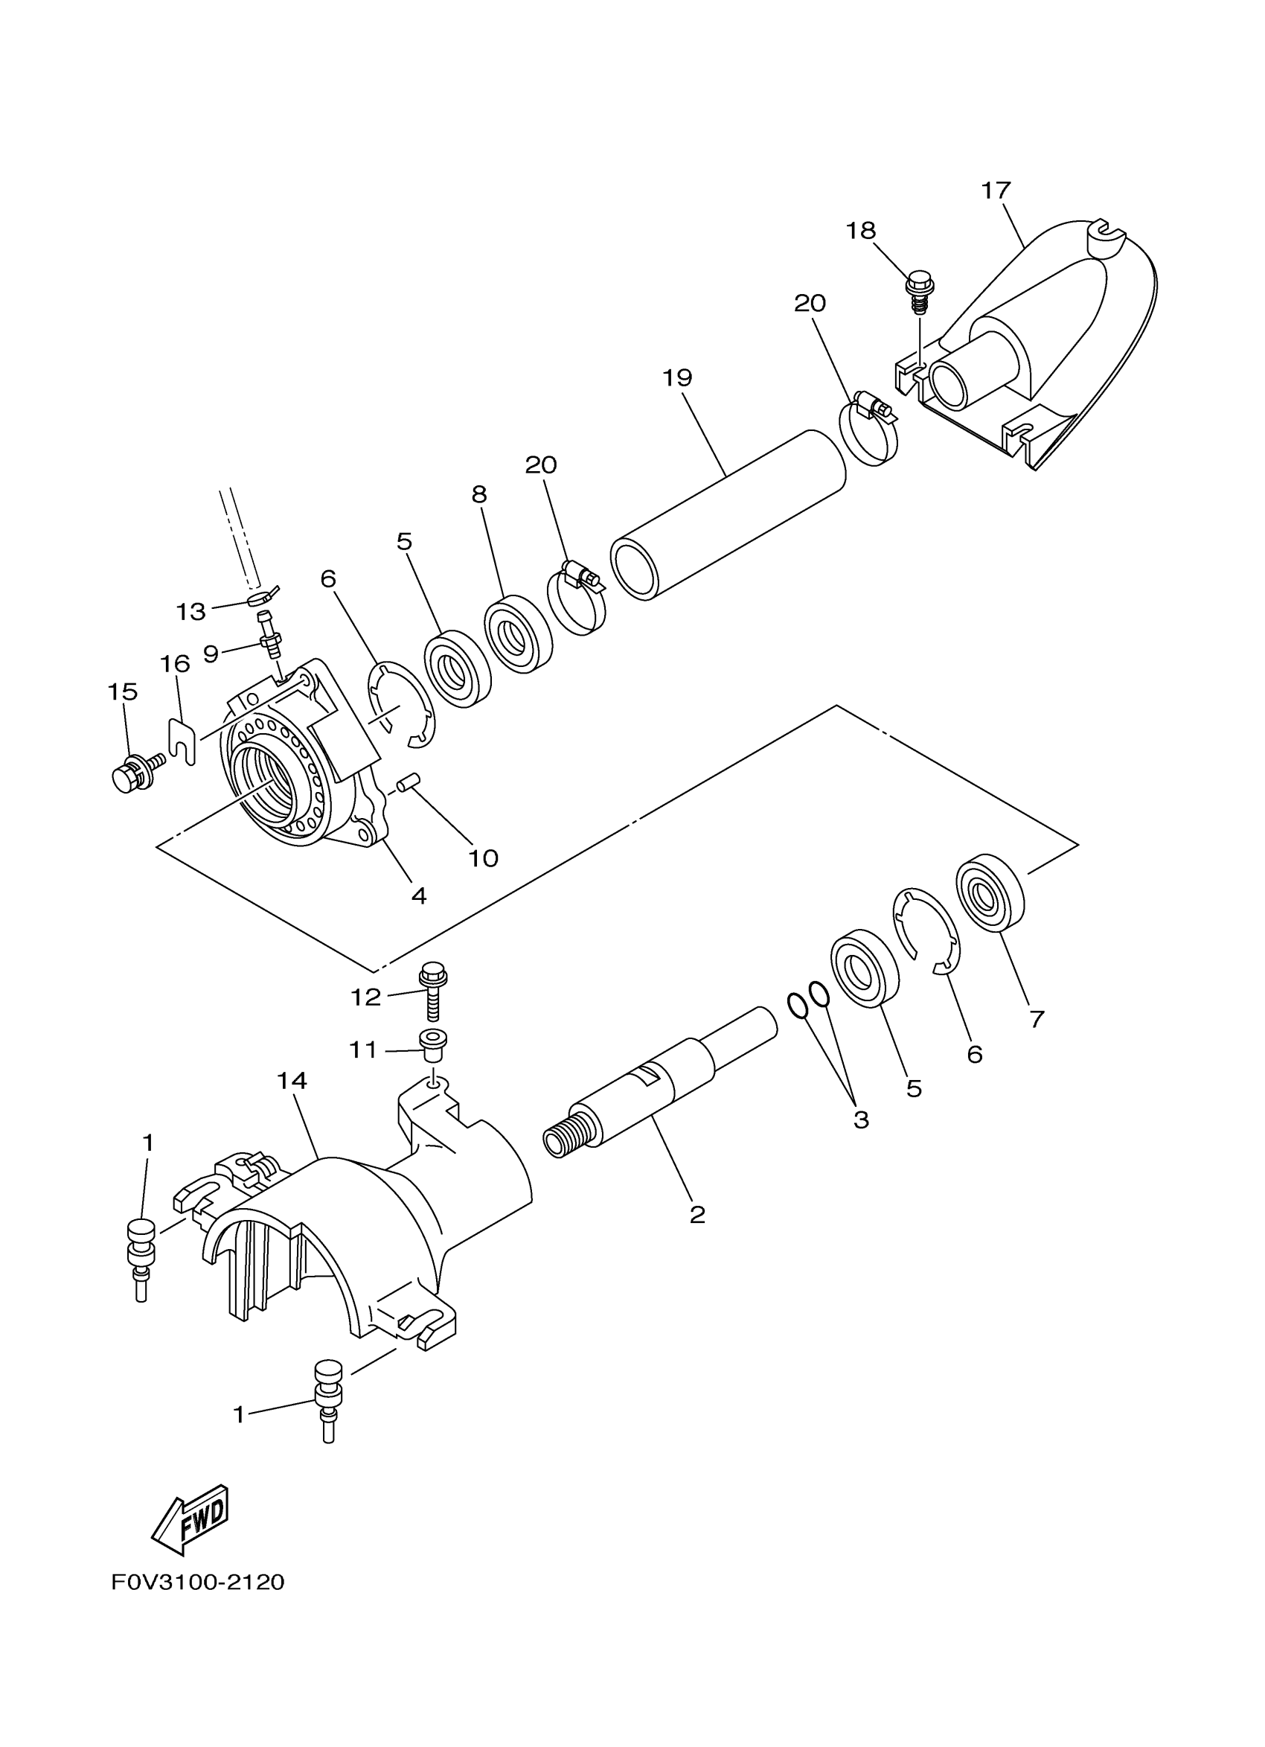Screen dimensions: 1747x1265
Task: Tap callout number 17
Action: click(995, 191)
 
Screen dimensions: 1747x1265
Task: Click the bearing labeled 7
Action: click(990, 892)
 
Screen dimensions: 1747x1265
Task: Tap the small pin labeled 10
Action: click(406, 784)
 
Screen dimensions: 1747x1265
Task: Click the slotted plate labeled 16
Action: click(182, 740)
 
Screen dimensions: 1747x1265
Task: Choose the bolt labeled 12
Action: click(431, 991)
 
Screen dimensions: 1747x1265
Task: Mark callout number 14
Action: click(292, 1081)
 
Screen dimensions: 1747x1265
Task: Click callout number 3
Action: click(860, 1120)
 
